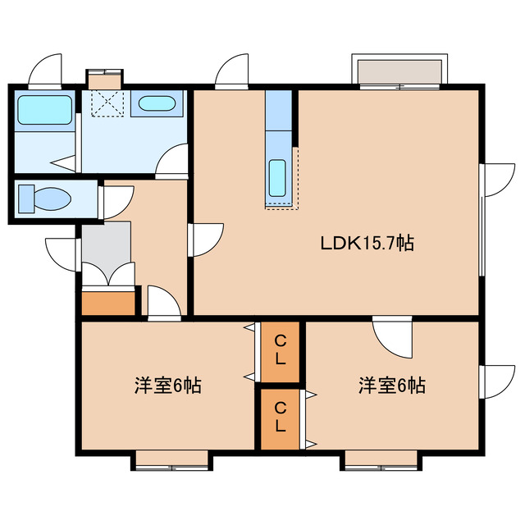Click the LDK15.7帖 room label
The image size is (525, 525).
click(366, 244)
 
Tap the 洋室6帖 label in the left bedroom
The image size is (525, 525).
click(168, 385)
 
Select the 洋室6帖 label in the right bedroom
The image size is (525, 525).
click(391, 385)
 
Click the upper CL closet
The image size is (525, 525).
click(280, 350)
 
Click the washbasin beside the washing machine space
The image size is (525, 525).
click(154, 104)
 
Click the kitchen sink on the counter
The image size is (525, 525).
click(277, 177)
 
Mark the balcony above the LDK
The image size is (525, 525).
click(399, 71)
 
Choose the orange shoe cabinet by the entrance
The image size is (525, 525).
click(108, 302)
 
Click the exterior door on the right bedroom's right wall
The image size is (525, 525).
click(495, 380)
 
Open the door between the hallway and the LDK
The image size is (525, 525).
click(206, 240)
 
